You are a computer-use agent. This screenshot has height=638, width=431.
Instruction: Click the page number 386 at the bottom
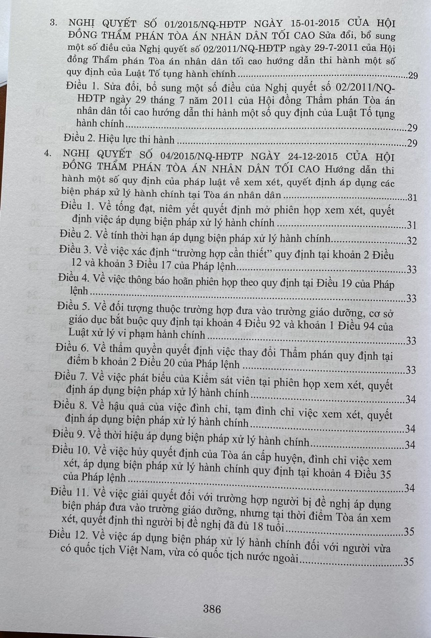(212, 609)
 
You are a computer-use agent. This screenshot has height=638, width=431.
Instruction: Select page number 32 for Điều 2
(411, 241)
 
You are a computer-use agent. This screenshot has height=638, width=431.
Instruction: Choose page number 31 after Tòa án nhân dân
(411, 197)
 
